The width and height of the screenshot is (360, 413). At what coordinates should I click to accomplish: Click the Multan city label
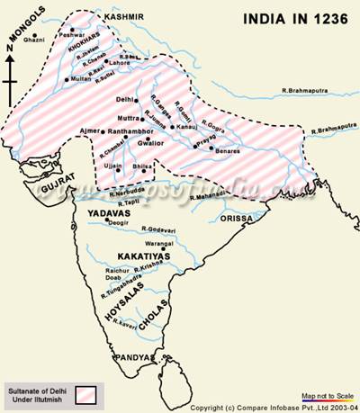78,105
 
